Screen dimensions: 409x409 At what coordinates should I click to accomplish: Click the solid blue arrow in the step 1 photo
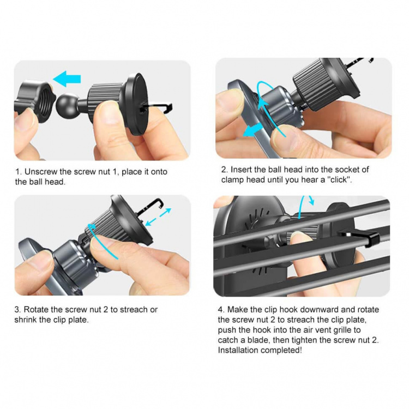point(67,80)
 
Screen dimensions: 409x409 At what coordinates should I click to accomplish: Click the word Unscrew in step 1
point(43,172)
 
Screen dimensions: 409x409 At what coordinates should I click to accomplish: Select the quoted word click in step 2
point(338,179)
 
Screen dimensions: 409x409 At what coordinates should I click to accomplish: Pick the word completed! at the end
point(285,350)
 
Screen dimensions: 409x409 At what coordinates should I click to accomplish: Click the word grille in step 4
point(350,330)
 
